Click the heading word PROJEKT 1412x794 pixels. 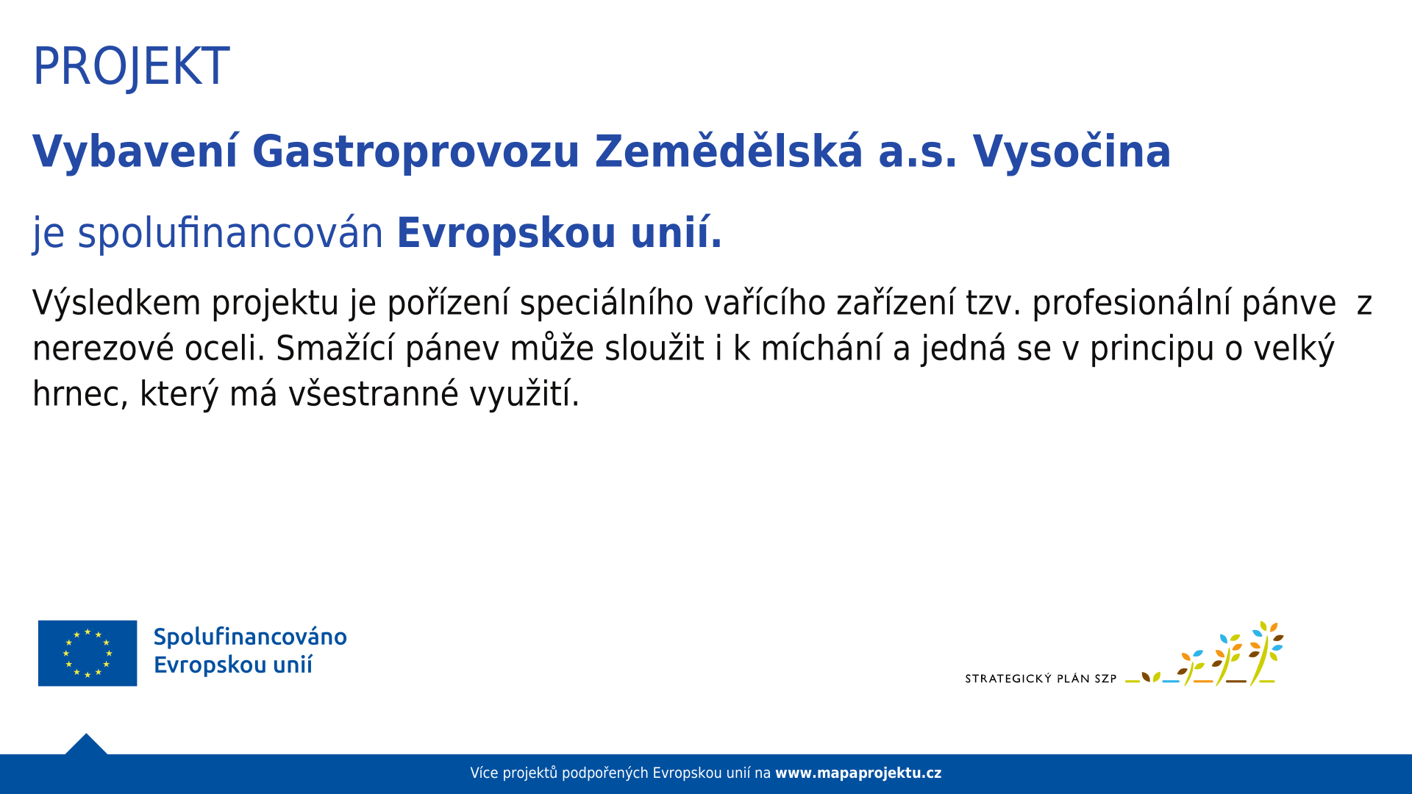131,67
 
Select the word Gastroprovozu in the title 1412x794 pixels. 416,152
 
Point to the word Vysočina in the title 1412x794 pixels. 1072,151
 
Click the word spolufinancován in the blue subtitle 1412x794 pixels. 230,233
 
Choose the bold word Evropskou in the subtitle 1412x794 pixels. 506,233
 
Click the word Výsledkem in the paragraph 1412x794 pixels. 116,303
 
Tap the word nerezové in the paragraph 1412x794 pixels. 103,348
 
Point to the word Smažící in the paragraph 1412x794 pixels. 335,348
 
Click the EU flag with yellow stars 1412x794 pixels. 88,653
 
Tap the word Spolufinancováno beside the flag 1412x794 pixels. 250,637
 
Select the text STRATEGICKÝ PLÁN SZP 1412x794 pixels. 1041,679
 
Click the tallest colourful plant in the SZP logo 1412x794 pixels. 1265,653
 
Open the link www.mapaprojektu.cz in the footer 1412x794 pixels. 858,773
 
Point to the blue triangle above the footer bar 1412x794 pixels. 86,745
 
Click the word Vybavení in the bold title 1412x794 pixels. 135,152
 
